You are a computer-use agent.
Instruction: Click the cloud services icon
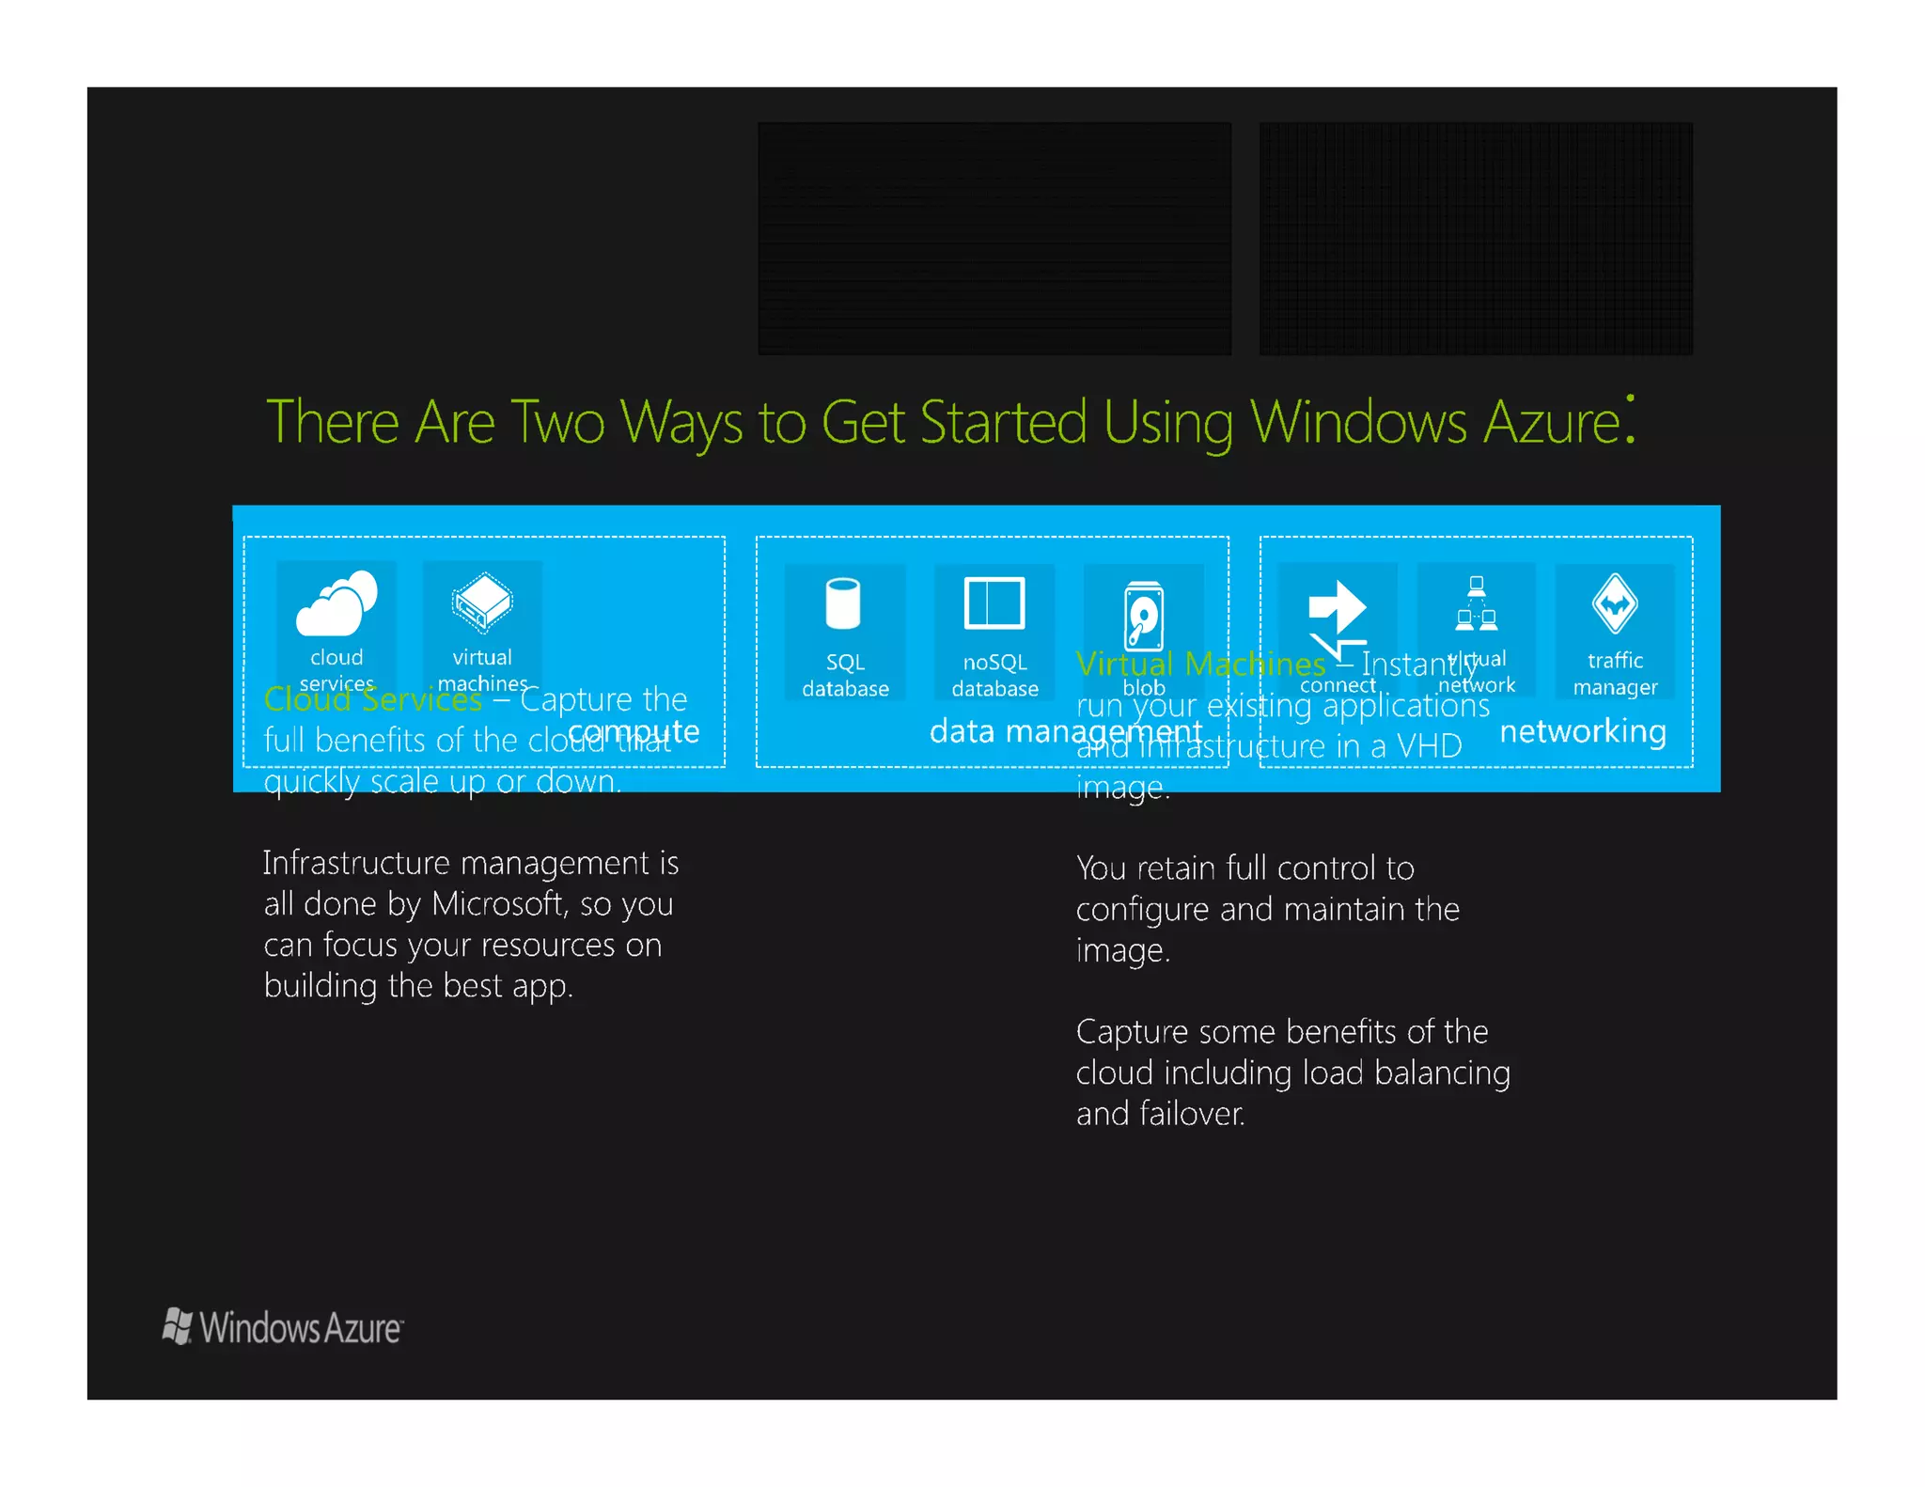click(x=336, y=603)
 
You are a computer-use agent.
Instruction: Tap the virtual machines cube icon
click(x=482, y=602)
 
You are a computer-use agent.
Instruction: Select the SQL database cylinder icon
click(x=843, y=603)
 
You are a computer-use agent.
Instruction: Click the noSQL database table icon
click(x=994, y=603)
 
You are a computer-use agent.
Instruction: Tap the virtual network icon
click(x=1476, y=603)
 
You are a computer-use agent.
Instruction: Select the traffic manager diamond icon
click(x=1615, y=603)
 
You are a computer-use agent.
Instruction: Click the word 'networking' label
click(x=1583, y=731)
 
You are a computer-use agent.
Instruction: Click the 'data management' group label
click(x=1065, y=731)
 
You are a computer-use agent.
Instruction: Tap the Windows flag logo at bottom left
click(x=177, y=1326)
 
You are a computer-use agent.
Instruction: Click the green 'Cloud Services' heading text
click(x=372, y=699)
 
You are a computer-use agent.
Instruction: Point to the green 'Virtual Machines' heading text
click(x=1200, y=665)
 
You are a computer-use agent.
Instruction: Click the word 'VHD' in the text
click(x=1429, y=746)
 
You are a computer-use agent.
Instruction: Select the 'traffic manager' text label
click(x=1615, y=674)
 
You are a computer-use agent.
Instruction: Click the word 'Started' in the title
click(x=1003, y=422)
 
